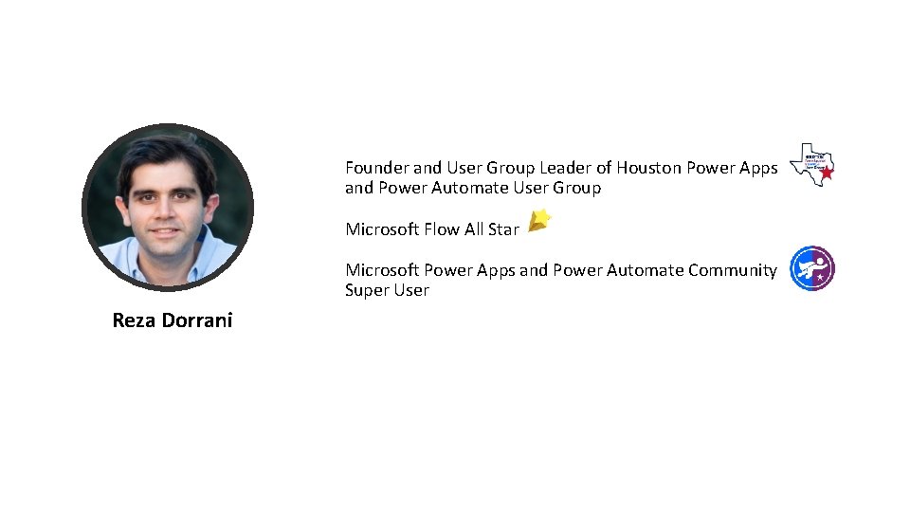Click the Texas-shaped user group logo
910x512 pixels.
pos(810,164)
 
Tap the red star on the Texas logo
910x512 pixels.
pos(827,174)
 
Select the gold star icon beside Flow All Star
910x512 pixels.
pos(538,221)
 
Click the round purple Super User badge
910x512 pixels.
pos(812,268)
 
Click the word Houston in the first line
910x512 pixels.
pos(648,168)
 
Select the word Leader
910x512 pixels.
pos(565,168)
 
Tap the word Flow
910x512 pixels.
pos(441,229)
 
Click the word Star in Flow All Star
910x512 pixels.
pos(503,229)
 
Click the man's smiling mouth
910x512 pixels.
pos(165,230)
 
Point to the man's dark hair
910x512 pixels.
pos(167,152)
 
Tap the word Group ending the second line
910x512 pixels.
pos(576,189)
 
